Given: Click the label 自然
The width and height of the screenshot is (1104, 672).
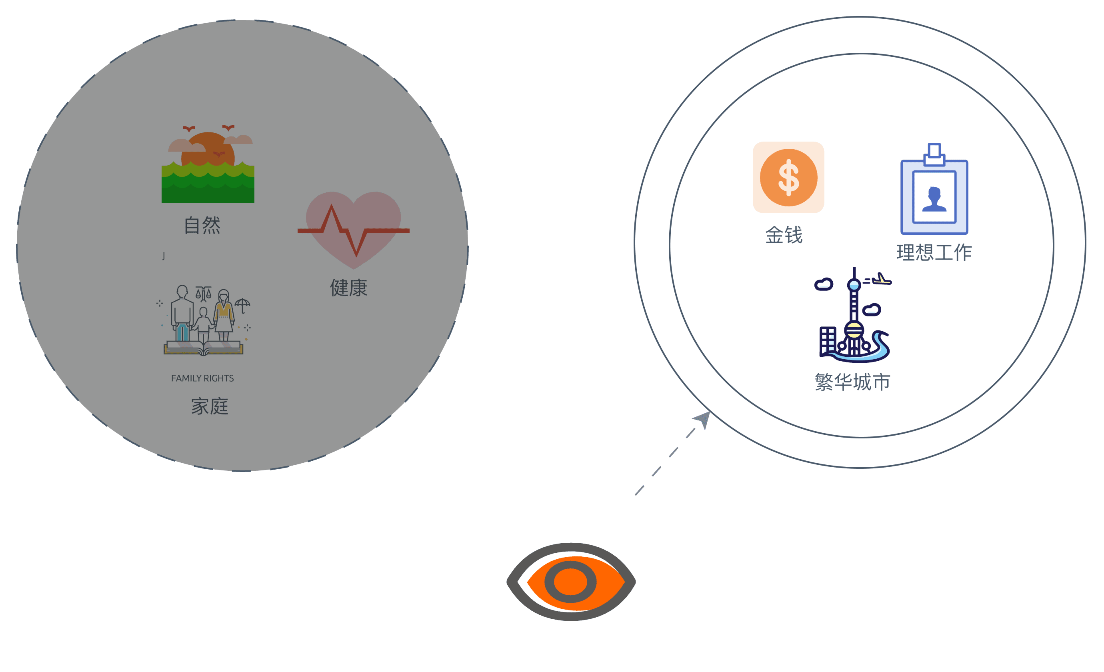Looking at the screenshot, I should tap(202, 225).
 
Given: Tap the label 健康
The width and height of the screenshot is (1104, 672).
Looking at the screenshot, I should tap(348, 288).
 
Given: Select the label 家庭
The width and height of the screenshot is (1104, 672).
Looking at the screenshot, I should tap(210, 406).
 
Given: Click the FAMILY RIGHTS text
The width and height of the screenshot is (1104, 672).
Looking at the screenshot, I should tap(202, 378).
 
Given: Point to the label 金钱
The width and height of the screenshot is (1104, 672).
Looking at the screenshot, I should tap(784, 235).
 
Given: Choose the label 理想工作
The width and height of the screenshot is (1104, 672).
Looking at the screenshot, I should tap(934, 253).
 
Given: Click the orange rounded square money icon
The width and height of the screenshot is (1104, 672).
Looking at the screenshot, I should tap(788, 178).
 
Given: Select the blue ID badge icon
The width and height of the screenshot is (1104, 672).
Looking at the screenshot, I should tap(934, 197).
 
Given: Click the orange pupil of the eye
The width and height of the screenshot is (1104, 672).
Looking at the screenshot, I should tap(570, 582).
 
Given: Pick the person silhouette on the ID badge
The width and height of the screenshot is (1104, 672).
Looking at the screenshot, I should tap(934, 199).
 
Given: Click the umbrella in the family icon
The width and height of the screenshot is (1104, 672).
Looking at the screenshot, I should tap(242, 305).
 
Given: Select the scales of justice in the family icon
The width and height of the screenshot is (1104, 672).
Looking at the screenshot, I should tap(204, 294).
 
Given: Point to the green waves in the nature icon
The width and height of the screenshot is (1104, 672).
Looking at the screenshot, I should tap(208, 184).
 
